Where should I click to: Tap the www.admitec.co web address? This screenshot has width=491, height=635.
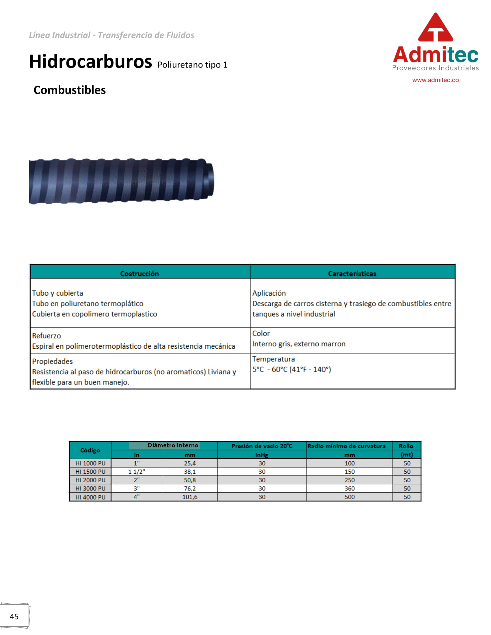(436, 80)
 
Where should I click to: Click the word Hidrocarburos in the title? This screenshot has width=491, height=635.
(90, 62)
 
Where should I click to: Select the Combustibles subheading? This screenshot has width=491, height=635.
(70, 90)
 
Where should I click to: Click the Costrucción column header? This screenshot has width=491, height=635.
(139, 274)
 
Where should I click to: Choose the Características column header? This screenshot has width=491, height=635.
(352, 274)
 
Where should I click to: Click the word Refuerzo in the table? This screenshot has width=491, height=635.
(47, 336)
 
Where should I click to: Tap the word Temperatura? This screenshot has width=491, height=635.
(274, 359)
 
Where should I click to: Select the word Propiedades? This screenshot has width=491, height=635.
(52, 361)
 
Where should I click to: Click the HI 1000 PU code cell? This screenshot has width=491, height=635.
(90, 463)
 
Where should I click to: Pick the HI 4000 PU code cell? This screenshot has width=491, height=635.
(90, 497)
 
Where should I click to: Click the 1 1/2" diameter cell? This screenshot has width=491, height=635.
(136, 472)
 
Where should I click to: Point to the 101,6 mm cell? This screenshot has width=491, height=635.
(190, 497)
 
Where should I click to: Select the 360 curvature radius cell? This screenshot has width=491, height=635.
(349, 488)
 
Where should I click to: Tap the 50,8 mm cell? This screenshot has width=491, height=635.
(190, 480)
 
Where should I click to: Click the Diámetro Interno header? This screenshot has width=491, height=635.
(173, 445)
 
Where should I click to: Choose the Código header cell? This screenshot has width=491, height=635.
(90, 450)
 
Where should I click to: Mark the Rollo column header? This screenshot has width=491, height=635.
(406, 446)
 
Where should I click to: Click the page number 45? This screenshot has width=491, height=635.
(14, 617)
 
